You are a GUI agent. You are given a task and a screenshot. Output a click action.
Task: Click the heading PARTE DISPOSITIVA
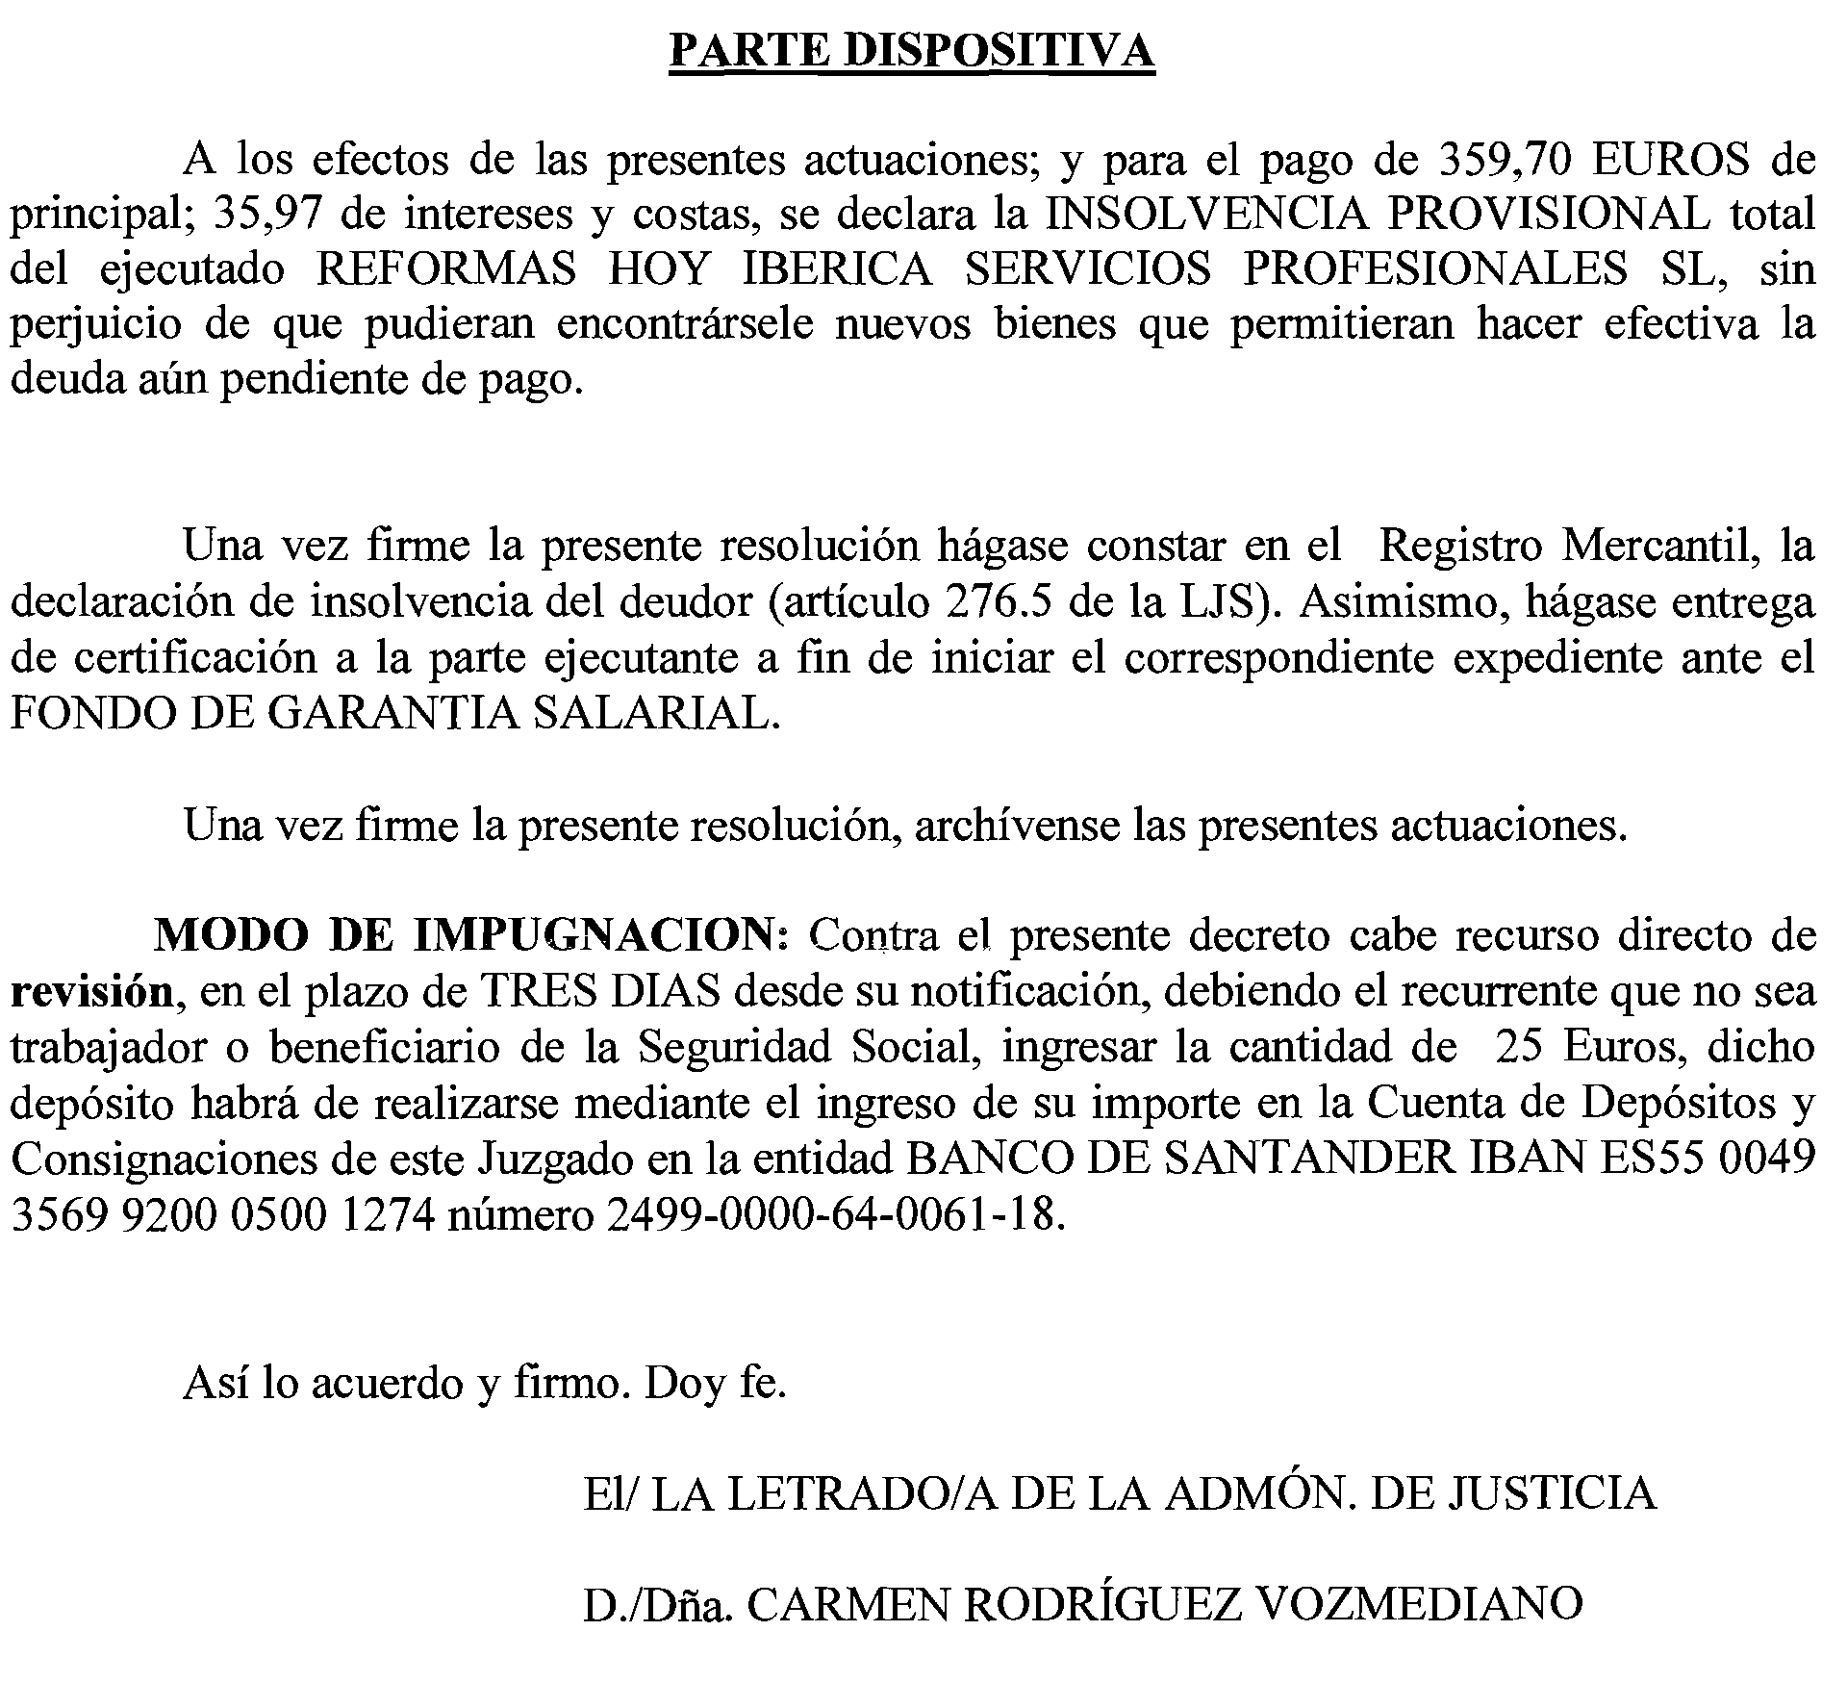[911, 51]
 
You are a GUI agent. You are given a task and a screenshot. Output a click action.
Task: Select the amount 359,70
[1504, 160]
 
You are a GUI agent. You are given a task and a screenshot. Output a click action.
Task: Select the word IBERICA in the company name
[837, 270]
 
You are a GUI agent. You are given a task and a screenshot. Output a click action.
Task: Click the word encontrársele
[685, 325]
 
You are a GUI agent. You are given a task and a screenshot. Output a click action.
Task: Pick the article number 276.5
[1000, 602]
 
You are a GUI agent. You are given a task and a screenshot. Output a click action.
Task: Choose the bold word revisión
[92, 992]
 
